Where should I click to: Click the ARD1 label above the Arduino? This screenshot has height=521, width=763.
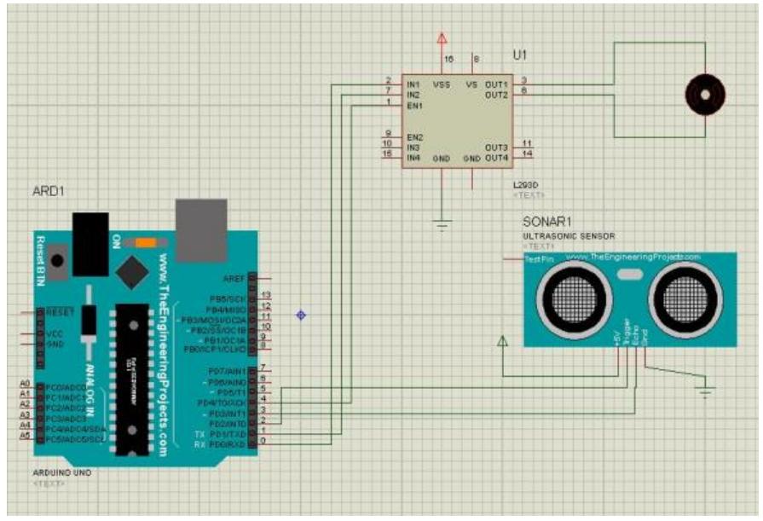(x=49, y=192)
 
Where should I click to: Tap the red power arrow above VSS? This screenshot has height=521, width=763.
(x=442, y=39)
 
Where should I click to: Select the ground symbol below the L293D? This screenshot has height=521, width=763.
(x=442, y=225)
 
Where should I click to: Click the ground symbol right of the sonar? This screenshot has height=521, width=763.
(x=705, y=391)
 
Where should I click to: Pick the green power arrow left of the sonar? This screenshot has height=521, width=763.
(x=502, y=341)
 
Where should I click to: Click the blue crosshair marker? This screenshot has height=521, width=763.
(x=300, y=315)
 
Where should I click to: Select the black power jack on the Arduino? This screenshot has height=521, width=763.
(x=90, y=243)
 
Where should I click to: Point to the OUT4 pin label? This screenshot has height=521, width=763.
(x=496, y=159)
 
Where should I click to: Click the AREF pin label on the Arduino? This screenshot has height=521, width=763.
(x=234, y=279)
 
